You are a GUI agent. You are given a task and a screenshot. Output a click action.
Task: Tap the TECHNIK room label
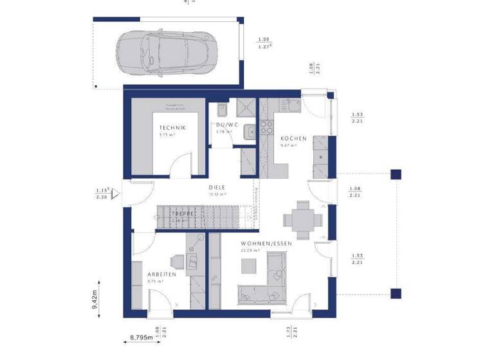click(172, 129)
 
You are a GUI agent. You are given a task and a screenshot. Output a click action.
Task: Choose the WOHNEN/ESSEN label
click(266, 244)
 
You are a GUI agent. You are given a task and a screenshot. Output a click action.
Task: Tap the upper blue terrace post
click(396, 174)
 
